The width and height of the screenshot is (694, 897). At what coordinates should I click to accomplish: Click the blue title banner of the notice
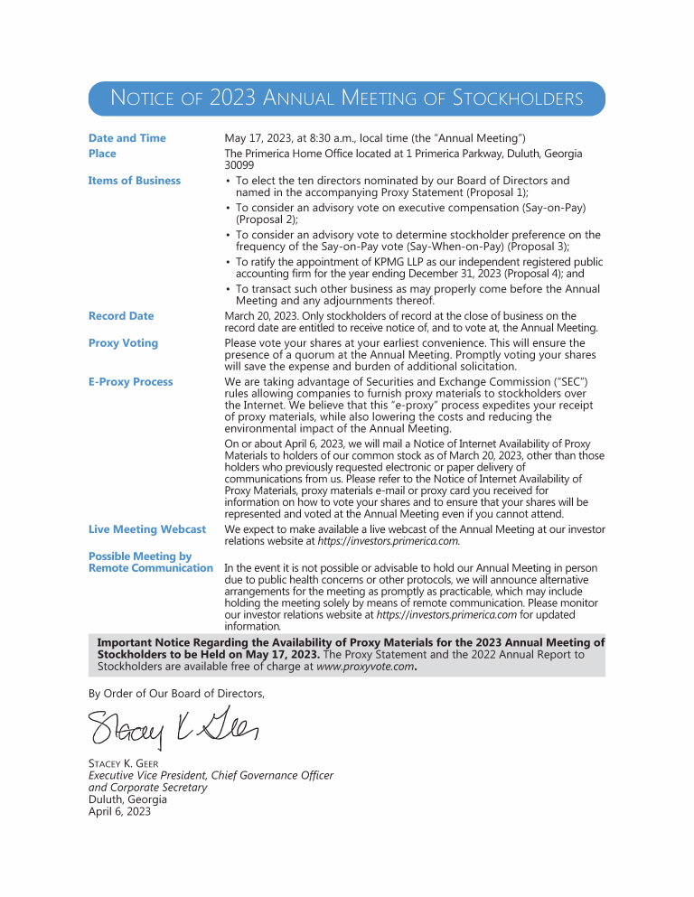(x=346, y=98)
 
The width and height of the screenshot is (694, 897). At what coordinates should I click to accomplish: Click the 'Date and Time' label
(x=127, y=138)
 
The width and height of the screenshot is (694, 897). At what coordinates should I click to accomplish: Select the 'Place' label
(x=102, y=154)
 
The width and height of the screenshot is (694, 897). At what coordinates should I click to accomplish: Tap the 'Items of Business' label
(x=134, y=181)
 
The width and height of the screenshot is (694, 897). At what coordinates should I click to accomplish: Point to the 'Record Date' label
(x=121, y=316)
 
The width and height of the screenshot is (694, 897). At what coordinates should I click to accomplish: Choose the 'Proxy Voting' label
(x=123, y=343)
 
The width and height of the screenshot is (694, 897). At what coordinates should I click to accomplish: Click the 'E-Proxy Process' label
(x=130, y=382)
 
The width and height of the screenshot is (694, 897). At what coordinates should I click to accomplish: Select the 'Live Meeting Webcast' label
(x=146, y=529)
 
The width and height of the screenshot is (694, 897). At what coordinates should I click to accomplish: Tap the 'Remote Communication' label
(x=150, y=568)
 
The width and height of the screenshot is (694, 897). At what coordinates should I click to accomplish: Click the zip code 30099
(x=239, y=165)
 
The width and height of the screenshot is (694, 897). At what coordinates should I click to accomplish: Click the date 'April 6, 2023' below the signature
(x=119, y=811)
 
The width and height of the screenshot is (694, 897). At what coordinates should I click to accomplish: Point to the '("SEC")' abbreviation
(x=580, y=382)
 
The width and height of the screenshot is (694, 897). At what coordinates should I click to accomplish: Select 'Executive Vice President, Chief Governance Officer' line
(x=211, y=776)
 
